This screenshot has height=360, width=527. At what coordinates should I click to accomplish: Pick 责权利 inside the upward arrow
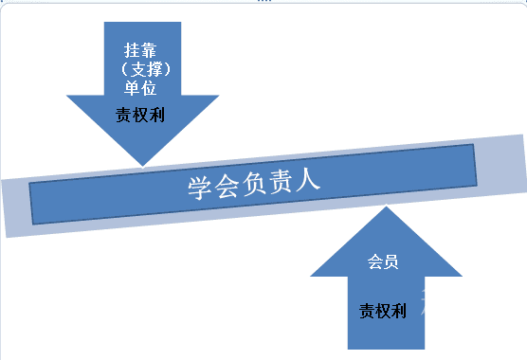click(x=383, y=310)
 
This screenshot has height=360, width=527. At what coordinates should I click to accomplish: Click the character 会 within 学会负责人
click(x=227, y=185)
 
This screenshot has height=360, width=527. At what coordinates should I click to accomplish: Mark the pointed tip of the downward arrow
click(x=141, y=165)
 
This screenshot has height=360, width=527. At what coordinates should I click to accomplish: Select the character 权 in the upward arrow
click(x=383, y=310)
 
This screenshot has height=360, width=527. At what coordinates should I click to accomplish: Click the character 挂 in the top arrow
click(x=131, y=50)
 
